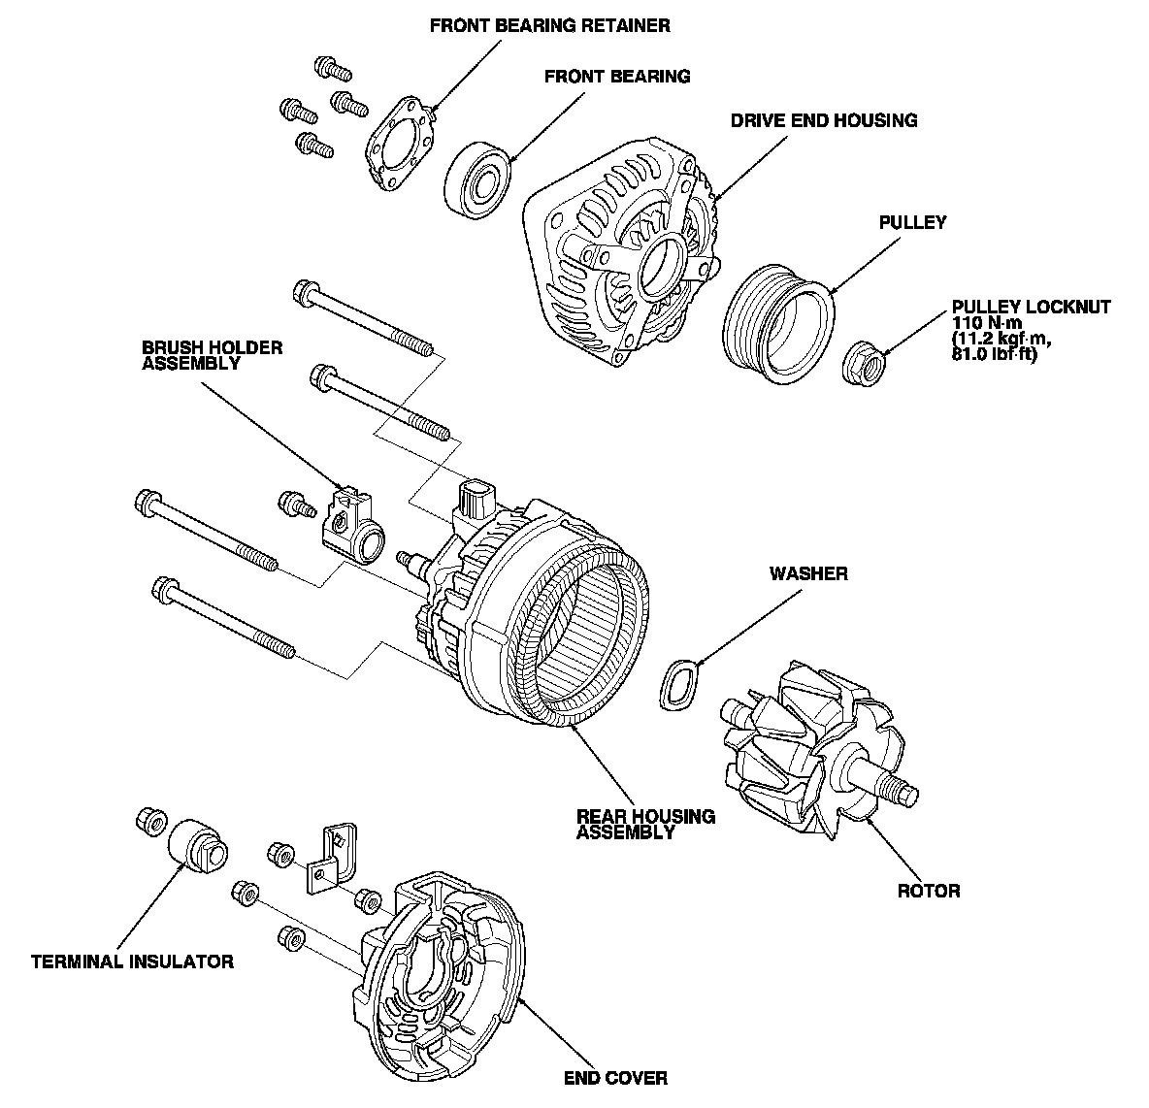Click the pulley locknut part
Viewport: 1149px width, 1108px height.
(x=866, y=364)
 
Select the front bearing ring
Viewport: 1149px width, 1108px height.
(x=478, y=177)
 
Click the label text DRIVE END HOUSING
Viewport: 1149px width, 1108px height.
(x=823, y=120)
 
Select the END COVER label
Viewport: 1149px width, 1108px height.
(x=615, y=1078)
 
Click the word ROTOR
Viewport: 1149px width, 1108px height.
(x=929, y=891)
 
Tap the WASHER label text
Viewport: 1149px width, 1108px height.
(x=808, y=573)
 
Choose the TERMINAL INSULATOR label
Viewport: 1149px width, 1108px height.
(x=132, y=962)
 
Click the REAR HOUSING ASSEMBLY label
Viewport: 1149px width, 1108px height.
(x=645, y=824)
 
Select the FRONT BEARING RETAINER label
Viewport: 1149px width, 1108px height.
(x=549, y=25)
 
